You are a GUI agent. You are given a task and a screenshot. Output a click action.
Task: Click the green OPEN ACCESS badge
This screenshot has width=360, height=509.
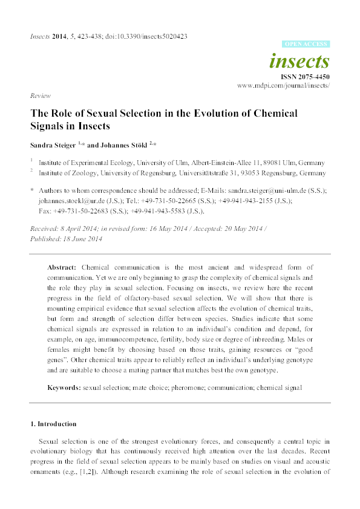coord(306,44)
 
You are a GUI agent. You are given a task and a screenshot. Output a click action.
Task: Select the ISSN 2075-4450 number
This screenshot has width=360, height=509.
coord(305,77)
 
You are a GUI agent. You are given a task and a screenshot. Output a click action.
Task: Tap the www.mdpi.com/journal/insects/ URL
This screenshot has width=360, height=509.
coord(283,86)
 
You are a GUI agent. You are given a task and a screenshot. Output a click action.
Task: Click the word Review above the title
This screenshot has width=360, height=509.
coord(39,96)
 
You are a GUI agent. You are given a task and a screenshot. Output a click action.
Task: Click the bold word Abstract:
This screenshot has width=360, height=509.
coord(63,267)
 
